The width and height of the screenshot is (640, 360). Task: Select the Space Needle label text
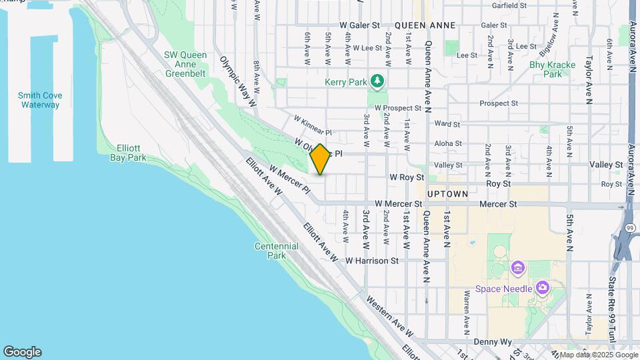503,289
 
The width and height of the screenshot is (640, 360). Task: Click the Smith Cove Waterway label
40,100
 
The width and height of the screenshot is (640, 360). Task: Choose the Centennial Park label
276,251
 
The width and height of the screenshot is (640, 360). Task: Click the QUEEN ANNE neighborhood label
425,25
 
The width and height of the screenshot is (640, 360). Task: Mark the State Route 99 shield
630,228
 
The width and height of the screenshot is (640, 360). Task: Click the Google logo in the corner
22,352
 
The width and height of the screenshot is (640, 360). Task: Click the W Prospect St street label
398,107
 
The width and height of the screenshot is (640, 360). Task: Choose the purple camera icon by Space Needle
543,287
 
